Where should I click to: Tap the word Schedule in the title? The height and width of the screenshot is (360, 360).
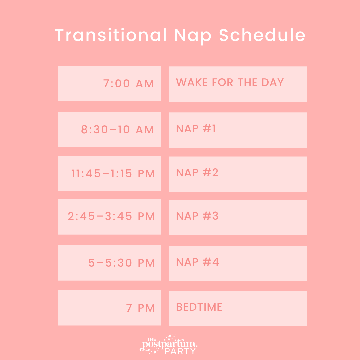(x=262, y=35)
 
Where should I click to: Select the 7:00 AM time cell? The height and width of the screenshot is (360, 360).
(x=109, y=83)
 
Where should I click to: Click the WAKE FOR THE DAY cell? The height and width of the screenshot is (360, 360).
(x=237, y=84)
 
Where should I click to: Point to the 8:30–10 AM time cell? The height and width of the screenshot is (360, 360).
(x=109, y=129)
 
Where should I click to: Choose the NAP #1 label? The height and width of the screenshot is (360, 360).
(x=196, y=129)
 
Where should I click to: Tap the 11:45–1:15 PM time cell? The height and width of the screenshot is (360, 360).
(x=109, y=173)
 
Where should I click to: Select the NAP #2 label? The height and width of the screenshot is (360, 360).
(x=197, y=173)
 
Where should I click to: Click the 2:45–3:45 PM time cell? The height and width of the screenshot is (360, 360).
(x=109, y=217)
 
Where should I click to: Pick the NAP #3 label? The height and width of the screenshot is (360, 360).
(x=197, y=216)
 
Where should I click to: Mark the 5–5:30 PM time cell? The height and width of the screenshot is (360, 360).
(x=109, y=263)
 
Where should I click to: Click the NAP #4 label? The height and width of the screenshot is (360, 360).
(x=197, y=262)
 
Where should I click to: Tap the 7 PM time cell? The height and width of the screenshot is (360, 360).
(x=109, y=308)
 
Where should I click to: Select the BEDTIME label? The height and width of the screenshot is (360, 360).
(x=199, y=307)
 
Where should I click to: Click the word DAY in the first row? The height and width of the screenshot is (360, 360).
(x=272, y=82)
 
